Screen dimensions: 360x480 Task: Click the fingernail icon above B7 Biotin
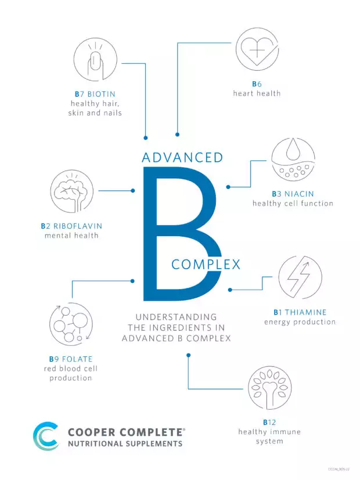click(95, 59)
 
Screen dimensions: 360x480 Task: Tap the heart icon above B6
click(257, 49)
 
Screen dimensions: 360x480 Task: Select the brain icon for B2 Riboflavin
click(72, 192)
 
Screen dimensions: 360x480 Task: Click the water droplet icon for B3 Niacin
click(293, 160)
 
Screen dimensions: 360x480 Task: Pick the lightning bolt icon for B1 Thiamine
click(300, 277)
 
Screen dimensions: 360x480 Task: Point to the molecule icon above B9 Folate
click(71, 324)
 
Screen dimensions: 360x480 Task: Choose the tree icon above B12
click(269, 388)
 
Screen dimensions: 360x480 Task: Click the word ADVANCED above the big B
click(183, 158)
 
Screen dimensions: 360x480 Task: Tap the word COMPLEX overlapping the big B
click(206, 265)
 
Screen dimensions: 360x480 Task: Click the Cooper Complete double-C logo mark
click(46, 436)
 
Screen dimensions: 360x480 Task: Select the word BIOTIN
click(102, 94)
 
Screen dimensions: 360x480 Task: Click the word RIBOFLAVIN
click(78, 226)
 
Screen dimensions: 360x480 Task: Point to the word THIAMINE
click(306, 312)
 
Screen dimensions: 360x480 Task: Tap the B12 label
click(269, 423)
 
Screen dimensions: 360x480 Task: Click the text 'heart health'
click(257, 93)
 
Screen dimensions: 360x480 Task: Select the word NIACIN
click(299, 194)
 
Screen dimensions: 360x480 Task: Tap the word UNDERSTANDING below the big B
click(177, 317)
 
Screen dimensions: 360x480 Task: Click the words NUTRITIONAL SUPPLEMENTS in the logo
click(125, 443)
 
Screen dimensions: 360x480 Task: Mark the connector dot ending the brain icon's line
click(133, 191)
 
